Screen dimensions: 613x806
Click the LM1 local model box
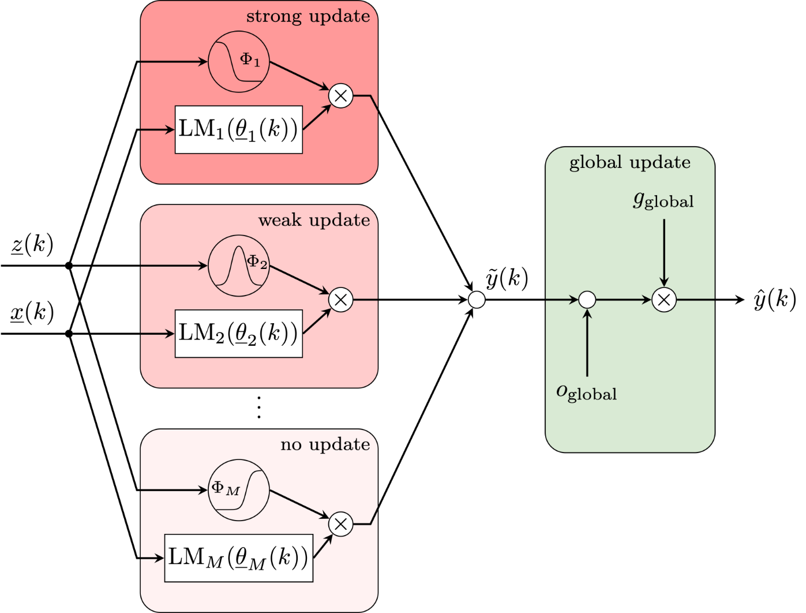238,130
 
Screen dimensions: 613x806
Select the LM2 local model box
238,334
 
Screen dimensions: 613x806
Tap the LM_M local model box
238,558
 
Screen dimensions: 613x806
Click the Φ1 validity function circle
238,61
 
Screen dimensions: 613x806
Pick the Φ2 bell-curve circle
238,266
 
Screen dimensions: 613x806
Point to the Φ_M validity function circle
238,490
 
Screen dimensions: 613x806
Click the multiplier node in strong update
340,96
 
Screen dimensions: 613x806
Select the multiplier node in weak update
340,300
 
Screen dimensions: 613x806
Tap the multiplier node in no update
340,524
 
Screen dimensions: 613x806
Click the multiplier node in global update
663,300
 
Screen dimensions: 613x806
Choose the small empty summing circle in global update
587,300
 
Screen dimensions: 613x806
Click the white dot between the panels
477,300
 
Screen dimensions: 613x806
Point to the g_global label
663,200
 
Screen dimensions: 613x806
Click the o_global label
586,393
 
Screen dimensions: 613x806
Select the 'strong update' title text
308,16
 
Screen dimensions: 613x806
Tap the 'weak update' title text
314,220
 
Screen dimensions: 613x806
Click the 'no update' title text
325,444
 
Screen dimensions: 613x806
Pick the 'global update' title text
629,163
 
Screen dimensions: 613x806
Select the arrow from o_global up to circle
587,343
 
